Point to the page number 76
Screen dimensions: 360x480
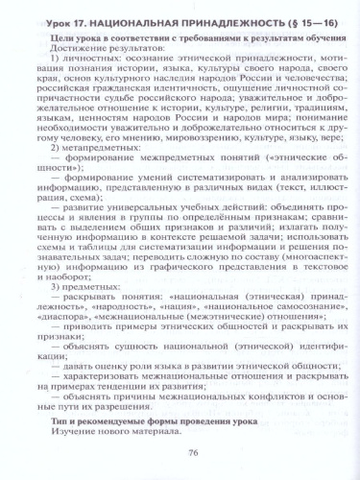click(180, 457)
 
